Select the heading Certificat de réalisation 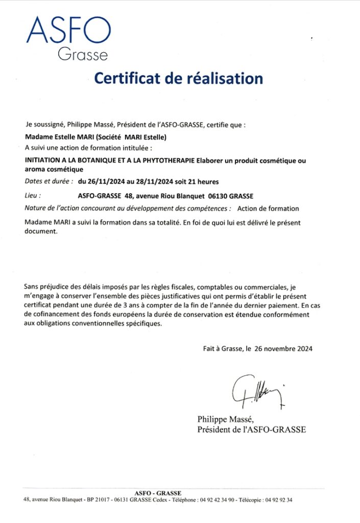tap(179, 78)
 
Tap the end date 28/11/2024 tap(152, 181)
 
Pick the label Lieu tap(32, 195)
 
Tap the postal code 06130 tap(218, 195)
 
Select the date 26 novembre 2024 tap(283, 349)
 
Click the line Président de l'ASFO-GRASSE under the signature tap(252, 430)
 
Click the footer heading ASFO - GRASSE tap(158, 493)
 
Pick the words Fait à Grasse tap(221, 349)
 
